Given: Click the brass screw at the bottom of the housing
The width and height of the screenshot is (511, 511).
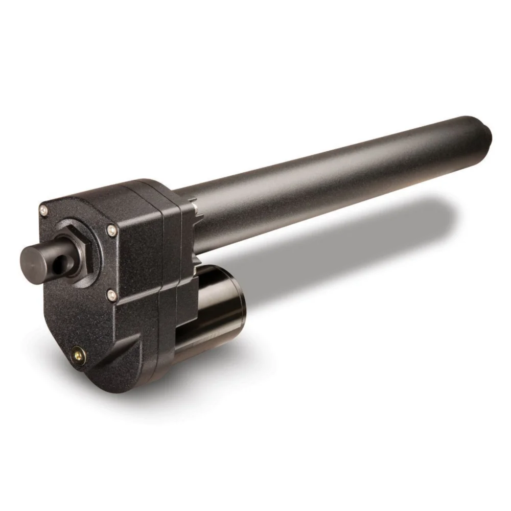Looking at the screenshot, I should (77, 352).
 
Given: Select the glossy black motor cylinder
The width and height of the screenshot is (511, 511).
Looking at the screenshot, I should (215, 307).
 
